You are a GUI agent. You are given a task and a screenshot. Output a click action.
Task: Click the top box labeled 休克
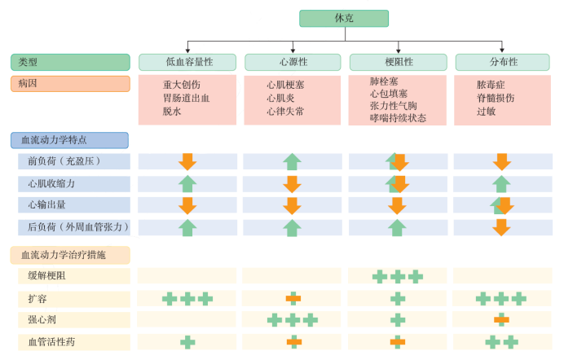tap(343, 19)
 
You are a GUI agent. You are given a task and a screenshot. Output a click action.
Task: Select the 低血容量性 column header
tap(187, 62)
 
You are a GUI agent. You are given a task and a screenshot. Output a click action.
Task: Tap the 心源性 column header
tap(293, 62)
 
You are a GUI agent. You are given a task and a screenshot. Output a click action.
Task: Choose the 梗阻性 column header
tap(398, 62)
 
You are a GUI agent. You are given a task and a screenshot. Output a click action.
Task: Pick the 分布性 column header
tap(503, 62)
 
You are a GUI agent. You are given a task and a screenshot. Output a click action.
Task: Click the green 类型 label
tap(70, 62)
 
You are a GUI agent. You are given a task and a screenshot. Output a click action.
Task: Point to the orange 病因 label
tap(70, 84)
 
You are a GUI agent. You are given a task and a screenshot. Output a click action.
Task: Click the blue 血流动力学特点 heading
tap(70, 140)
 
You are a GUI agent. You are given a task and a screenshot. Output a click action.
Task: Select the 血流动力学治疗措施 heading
tap(70, 255)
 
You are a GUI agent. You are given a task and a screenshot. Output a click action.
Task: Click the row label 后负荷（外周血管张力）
tap(74, 227)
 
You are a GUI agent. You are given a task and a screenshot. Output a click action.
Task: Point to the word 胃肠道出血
tap(187, 98)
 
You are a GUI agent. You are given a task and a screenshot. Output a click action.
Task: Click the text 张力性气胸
tap(394, 106)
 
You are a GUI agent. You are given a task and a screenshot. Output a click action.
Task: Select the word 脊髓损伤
tap(496, 98)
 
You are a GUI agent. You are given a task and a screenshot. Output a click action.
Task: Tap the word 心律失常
tap(286, 111)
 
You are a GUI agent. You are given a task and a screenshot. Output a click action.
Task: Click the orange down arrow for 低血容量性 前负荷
tap(187, 161)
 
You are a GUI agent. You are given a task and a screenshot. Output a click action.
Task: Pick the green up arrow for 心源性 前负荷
tap(293, 161)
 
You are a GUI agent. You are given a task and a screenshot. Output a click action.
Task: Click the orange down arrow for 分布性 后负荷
tap(502, 227)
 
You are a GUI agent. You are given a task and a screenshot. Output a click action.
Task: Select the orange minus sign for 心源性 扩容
tap(293, 299)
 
